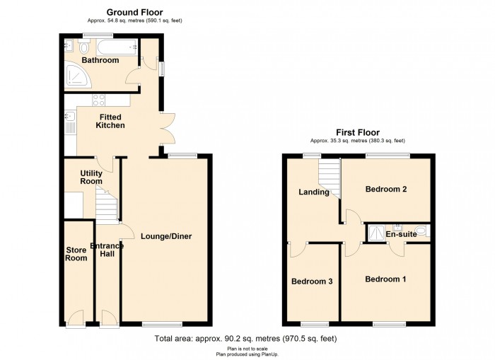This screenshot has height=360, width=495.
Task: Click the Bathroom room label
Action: pyautogui.click(x=100, y=60)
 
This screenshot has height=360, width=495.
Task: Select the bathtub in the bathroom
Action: pyautogui.click(x=117, y=47)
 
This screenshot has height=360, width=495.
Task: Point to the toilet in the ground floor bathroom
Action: pyautogui.click(x=84, y=47)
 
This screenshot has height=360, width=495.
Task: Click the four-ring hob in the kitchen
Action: pyautogui.click(x=98, y=100)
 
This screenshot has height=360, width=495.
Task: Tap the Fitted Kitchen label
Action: pyautogui.click(x=110, y=121)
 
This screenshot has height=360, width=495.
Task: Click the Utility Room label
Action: pyautogui.click(x=91, y=177)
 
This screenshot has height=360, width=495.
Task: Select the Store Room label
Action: pyautogui.click(x=76, y=254)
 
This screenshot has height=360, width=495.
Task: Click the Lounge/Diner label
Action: pyautogui.click(x=166, y=236)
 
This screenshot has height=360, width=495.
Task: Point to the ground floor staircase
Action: pyautogui.click(x=107, y=204)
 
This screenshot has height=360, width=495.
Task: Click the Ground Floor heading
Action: pyautogui.click(x=135, y=12)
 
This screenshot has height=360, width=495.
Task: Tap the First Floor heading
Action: pyautogui.click(x=358, y=132)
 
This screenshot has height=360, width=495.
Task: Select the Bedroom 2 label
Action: pyautogui.click(x=386, y=189)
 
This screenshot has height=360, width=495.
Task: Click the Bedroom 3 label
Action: pyautogui.click(x=312, y=281)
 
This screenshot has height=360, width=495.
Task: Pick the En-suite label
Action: pyautogui.click(x=401, y=234)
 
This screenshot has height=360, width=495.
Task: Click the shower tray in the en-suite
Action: pyautogui.click(x=375, y=233)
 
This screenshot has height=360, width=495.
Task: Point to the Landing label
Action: pyautogui.click(x=314, y=192)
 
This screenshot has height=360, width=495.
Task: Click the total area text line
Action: pyautogui.click(x=245, y=339)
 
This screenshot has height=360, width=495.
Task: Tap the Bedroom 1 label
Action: pyautogui.click(x=385, y=279)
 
